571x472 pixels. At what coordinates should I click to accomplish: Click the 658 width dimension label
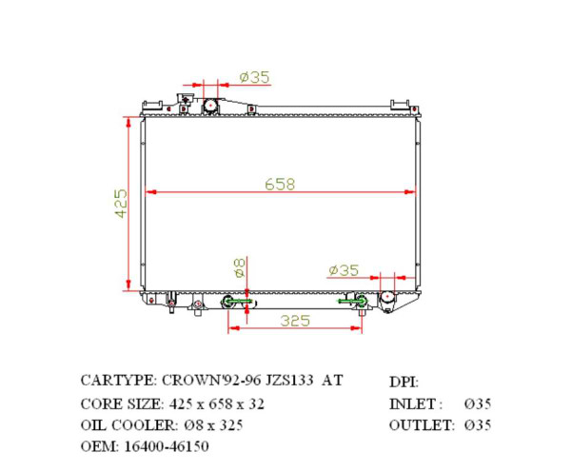tap(279, 185)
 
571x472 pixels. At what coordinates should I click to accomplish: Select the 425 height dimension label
tap(121, 204)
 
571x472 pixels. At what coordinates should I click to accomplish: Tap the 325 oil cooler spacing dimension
tap(295, 321)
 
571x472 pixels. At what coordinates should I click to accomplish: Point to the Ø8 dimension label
tap(239, 266)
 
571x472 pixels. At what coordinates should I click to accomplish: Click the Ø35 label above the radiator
tap(254, 76)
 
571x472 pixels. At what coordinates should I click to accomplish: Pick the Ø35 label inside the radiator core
tap(343, 270)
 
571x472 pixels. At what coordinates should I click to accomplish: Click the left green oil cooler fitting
tap(236, 303)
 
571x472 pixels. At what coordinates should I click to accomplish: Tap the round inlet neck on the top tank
tap(211, 103)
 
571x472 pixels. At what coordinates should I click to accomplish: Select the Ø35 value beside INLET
tap(476, 403)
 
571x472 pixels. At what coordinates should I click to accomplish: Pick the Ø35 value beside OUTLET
tap(476, 424)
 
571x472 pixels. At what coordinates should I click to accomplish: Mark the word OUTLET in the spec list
tap(418, 424)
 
